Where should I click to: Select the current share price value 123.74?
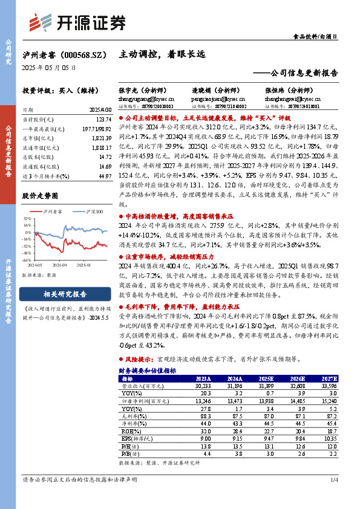(104, 121)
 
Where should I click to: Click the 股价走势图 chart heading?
(40, 196)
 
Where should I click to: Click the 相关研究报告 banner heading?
(65, 294)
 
